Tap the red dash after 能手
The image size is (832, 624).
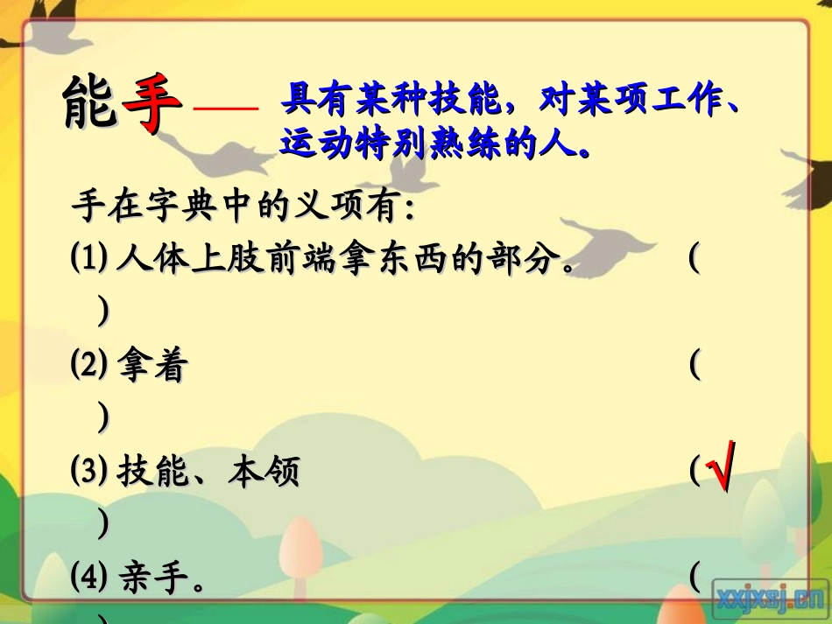click(225, 109)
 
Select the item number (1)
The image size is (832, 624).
click(89, 259)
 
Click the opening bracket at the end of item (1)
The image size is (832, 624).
click(694, 260)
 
